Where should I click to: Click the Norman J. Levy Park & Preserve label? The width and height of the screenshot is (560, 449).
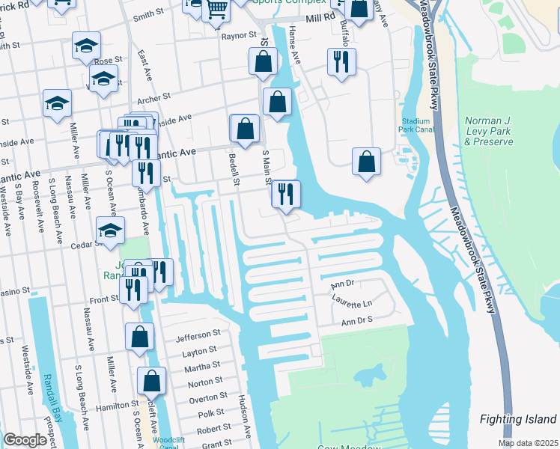coord(489,131)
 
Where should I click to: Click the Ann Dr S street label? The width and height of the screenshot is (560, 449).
coord(357,321)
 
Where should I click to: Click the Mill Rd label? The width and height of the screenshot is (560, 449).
coord(319,16)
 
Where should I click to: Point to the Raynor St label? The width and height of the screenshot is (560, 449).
coord(239,35)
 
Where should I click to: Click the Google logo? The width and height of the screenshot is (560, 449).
coord(25,440)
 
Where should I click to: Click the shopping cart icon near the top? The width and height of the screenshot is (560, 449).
coord(217,9)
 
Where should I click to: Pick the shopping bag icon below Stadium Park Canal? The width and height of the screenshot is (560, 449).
coord(366,161)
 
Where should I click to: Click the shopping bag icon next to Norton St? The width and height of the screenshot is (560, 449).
coord(151,381)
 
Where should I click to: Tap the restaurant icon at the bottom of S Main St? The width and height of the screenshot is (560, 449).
coord(285,194)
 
